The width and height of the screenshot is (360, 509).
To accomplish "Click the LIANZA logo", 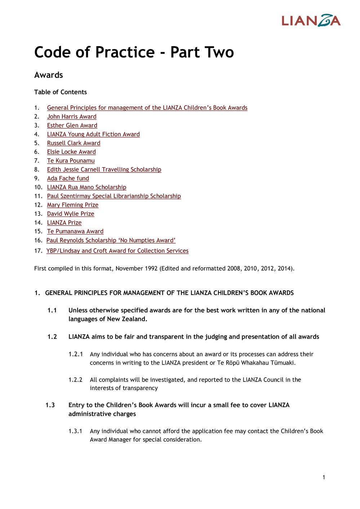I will click(311, 21).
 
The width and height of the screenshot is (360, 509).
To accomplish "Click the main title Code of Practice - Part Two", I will click(134, 52).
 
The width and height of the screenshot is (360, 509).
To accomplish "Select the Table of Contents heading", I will click(60, 92).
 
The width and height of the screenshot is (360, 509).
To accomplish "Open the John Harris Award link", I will click(72, 116).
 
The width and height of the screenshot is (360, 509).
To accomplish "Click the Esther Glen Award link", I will click(72, 125).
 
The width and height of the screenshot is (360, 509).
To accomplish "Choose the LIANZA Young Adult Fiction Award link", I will click(93, 134).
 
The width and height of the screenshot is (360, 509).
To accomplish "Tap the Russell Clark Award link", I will click(74, 143).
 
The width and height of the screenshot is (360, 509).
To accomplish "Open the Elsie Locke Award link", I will click(71, 152).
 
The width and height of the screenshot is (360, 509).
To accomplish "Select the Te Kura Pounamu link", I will click(71, 161).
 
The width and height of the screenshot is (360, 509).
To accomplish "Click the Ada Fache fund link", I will click(68, 178).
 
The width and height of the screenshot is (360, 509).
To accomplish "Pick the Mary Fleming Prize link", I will click(72, 205).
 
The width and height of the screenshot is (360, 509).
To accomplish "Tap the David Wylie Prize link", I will click(71, 214).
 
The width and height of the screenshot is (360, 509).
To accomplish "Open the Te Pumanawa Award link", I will click(75, 231).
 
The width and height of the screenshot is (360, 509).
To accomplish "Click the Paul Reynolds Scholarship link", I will click(111, 240).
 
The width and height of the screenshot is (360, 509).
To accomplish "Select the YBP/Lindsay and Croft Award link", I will click(117, 251).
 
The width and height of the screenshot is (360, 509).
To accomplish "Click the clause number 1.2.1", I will click(76, 354).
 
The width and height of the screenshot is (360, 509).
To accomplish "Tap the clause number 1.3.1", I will click(76, 431).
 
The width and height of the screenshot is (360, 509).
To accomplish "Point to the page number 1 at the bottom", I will click(324, 477).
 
